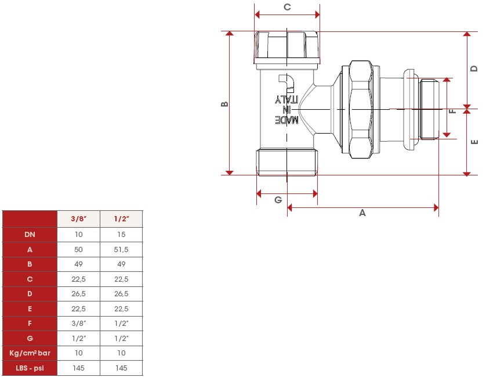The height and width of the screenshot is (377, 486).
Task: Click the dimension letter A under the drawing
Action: coord(362,213)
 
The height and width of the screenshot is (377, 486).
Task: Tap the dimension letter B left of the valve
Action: coord(225,105)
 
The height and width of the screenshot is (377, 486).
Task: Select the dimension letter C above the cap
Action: coord(286,7)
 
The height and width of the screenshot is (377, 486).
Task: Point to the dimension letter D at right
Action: coord(474,68)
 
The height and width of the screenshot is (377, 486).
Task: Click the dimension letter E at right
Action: coord(474,141)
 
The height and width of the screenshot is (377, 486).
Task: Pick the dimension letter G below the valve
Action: coord(278,200)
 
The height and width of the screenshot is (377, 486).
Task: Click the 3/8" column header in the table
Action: coord(79,219)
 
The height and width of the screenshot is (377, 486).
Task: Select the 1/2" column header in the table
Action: coord(121,219)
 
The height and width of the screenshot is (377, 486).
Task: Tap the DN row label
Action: coord(30,234)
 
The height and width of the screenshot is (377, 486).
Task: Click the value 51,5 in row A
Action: coord(121,249)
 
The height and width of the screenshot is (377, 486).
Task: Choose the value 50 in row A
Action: coord(79,249)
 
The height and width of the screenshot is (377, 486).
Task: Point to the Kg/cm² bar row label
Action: coord(30,353)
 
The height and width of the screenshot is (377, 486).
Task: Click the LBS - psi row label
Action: coord(30,368)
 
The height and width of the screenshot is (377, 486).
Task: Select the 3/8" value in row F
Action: coord(79,323)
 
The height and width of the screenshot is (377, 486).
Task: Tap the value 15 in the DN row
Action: coord(121,234)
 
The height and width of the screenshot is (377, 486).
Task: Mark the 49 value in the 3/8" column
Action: coord(79,264)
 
